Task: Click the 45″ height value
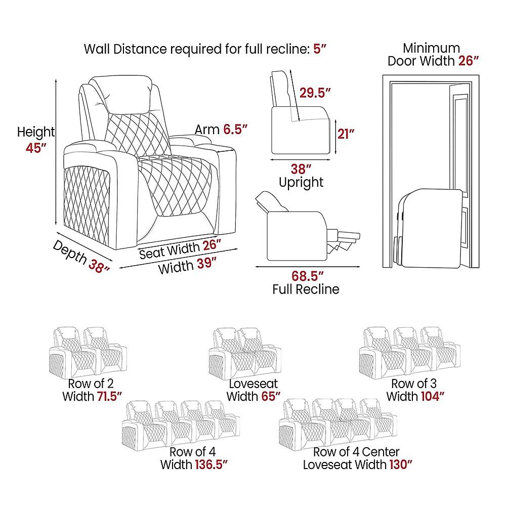coord(36,148)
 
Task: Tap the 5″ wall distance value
coord(320,49)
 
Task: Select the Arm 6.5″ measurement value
coord(235,130)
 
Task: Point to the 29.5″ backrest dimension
coord(315,93)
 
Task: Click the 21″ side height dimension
coord(346,134)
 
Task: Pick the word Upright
coord(301,183)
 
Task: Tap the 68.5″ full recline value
coord(307,276)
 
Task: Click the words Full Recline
coord(306,289)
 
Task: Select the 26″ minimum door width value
coord(468,61)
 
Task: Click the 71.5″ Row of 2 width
coord(109,396)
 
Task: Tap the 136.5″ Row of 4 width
coord(212,465)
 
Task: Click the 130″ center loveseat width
coord(401,465)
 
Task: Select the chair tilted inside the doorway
coord(428,229)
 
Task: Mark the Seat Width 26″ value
coord(212,245)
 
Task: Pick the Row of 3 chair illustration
coord(409,353)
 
